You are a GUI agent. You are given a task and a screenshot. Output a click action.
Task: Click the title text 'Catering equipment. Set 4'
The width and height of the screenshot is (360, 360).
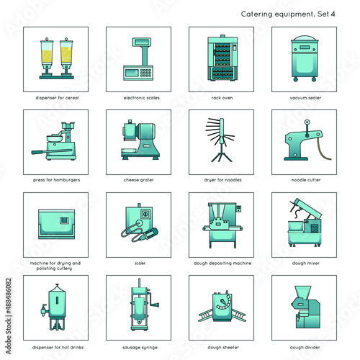288,14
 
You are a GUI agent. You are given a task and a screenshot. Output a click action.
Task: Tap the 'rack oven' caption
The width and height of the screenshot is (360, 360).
222,98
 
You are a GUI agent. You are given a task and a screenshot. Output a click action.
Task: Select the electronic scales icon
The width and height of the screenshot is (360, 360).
139,59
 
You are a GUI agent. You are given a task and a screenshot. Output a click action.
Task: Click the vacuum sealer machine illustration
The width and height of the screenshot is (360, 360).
304,58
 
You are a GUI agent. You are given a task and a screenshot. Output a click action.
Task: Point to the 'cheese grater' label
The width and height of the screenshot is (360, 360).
139,180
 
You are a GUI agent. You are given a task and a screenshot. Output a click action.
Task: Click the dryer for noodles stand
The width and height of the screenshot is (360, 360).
220,140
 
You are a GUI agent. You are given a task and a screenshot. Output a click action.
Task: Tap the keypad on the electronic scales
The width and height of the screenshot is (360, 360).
145,73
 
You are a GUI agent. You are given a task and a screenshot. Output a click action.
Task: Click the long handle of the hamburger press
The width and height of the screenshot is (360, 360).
51,151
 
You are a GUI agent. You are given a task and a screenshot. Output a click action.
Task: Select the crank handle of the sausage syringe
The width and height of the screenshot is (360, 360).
153,300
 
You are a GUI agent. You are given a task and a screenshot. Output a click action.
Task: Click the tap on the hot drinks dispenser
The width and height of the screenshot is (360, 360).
44,310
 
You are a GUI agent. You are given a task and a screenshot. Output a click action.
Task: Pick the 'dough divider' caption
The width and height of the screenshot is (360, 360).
305,347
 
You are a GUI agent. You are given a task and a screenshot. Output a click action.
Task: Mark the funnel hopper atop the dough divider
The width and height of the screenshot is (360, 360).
303,292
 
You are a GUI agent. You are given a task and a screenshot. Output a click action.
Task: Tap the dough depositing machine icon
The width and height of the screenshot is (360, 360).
222,225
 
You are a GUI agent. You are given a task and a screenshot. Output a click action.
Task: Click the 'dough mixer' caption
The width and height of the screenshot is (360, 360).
306,263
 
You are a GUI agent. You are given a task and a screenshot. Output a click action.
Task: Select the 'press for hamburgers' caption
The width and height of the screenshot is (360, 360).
56,180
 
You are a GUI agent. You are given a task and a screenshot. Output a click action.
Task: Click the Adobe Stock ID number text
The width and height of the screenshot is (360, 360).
9,297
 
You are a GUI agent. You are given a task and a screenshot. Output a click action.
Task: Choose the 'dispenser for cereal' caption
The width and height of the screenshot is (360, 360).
57,98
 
